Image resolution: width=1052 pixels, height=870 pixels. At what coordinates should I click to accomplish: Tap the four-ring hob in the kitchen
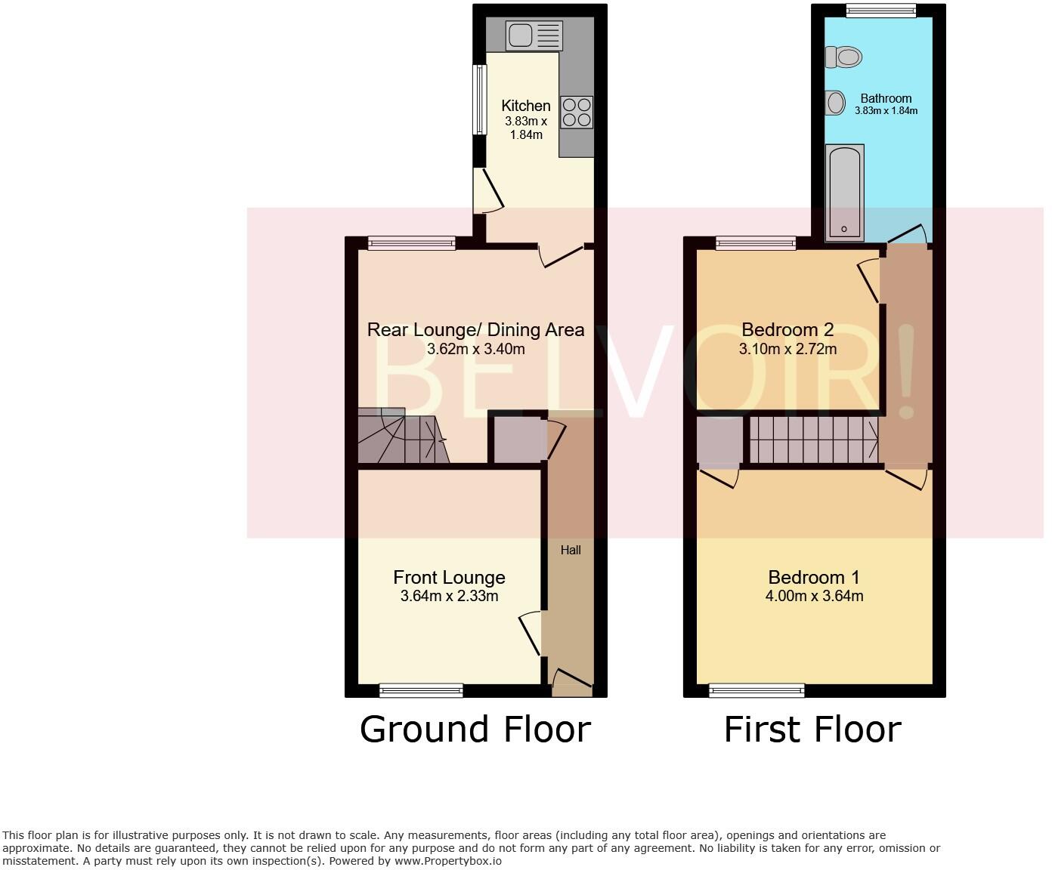[x=577, y=113]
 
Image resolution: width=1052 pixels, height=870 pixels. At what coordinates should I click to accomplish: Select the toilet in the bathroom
[x=844, y=57]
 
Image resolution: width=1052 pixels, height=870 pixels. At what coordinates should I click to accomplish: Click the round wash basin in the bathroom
[x=835, y=103]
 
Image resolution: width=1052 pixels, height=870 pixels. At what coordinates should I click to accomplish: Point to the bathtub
[x=845, y=193]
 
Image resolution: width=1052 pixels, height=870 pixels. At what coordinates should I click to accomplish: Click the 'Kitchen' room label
[x=526, y=106]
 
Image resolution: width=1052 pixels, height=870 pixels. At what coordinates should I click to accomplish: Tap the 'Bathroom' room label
[x=886, y=98]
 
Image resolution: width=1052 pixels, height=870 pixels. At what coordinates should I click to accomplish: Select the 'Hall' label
[x=571, y=550]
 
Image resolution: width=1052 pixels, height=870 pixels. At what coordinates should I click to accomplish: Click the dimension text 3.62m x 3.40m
[x=475, y=349]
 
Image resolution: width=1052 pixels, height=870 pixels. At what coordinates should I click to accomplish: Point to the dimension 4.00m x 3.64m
[x=814, y=596]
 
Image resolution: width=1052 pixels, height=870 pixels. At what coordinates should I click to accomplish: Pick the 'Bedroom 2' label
[x=787, y=329]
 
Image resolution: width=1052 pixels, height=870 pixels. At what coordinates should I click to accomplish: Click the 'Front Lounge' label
[x=449, y=578]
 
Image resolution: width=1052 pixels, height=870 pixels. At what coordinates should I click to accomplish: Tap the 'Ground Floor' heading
[x=475, y=730]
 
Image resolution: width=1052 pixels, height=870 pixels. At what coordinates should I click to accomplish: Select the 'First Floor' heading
[x=812, y=730]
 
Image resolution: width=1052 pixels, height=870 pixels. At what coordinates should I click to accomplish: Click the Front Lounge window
[x=421, y=690]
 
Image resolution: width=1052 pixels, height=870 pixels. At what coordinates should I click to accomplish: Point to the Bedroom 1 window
[x=757, y=690]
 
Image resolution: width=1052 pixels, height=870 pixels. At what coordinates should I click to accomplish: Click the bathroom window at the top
[x=880, y=10]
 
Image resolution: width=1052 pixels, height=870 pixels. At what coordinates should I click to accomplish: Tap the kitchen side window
[x=480, y=100]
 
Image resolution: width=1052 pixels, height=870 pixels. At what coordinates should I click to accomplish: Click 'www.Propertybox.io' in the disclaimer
[x=447, y=860]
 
